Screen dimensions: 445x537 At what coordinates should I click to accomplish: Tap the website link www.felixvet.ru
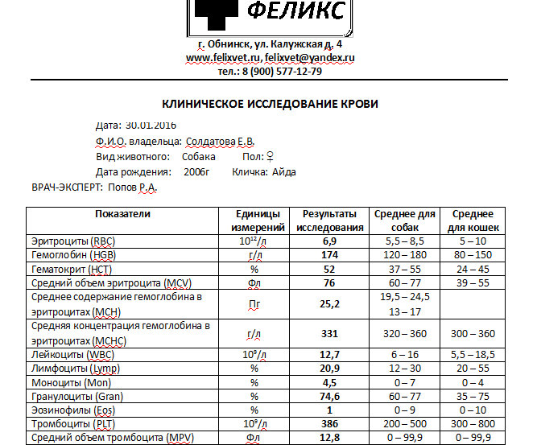click(x=224, y=58)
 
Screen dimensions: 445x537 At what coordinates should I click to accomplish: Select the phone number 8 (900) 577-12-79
click(x=281, y=71)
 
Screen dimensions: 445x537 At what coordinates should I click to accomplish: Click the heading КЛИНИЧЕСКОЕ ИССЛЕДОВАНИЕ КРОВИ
click(x=270, y=105)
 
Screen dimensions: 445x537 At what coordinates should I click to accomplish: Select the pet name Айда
click(x=284, y=171)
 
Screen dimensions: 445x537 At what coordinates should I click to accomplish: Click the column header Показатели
click(x=122, y=214)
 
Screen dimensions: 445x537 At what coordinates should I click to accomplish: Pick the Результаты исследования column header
click(x=329, y=220)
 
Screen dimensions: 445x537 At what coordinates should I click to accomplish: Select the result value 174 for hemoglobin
click(x=329, y=255)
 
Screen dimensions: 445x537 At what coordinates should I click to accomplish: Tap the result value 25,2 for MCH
click(x=329, y=304)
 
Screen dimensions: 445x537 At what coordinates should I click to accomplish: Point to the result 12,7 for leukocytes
click(x=329, y=355)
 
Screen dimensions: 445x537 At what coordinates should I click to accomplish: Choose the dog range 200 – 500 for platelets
click(x=405, y=423)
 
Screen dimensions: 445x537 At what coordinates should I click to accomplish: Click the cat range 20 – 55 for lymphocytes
click(x=473, y=369)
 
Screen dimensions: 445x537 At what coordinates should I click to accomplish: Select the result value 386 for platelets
click(x=329, y=423)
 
